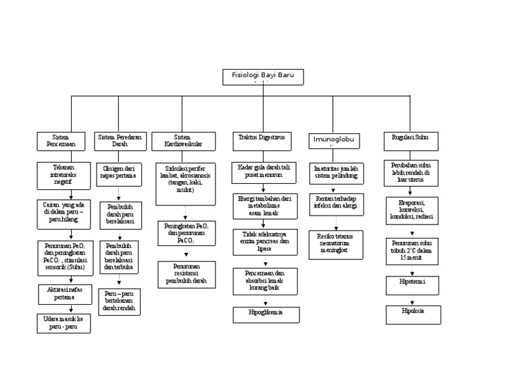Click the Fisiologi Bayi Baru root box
click(x=263, y=77)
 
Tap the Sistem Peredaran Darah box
click(x=120, y=141)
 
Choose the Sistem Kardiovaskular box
click(x=182, y=141)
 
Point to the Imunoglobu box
click(x=334, y=141)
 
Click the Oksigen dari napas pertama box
click(x=119, y=172)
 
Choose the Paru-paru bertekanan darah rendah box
click(x=120, y=301)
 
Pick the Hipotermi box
click(x=411, y=285)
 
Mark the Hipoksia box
click(x=411, y=315)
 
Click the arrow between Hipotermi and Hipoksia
click(x=411, y=301)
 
